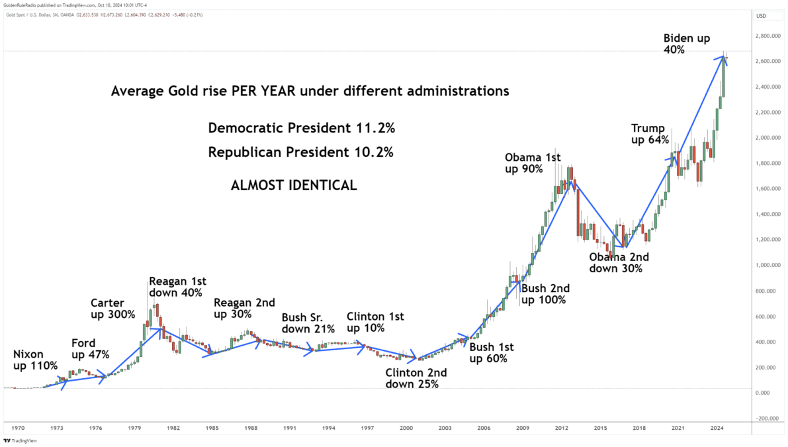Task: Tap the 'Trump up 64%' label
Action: pyautogui.click(x=650, y=134)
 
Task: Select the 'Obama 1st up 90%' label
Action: pyautogui.click(x=533, y=163)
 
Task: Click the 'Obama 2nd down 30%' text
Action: pyautogui.click(x=619, y=262)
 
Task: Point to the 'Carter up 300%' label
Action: pyautogui.click(x=112, y=309)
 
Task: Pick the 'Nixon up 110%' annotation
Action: pyautogui.click(x=35, y=360)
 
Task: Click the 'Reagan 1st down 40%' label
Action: pyautogui.click(x=176, y=287)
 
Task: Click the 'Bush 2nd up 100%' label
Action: pyautogui.click(x=545, y=294)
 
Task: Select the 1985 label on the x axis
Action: pyautogui.click(x=212, y=429)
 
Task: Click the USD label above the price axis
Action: pyautogui.click(x=761, y=15)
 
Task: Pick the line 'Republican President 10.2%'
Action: pyautogui.click(x=300, y=152)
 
